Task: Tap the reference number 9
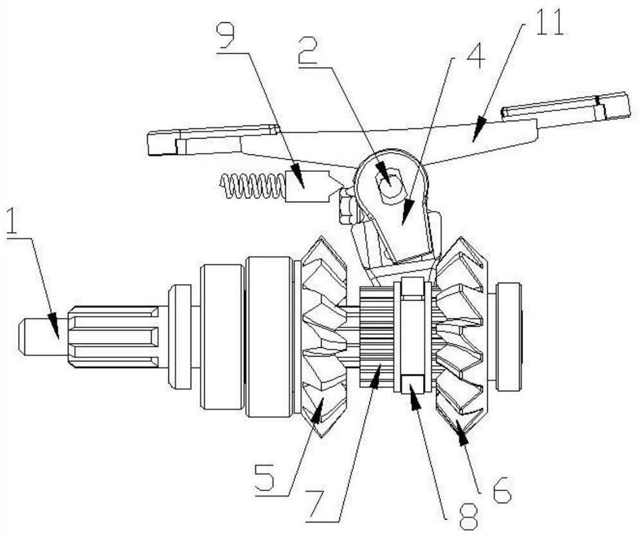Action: point(225,39)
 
